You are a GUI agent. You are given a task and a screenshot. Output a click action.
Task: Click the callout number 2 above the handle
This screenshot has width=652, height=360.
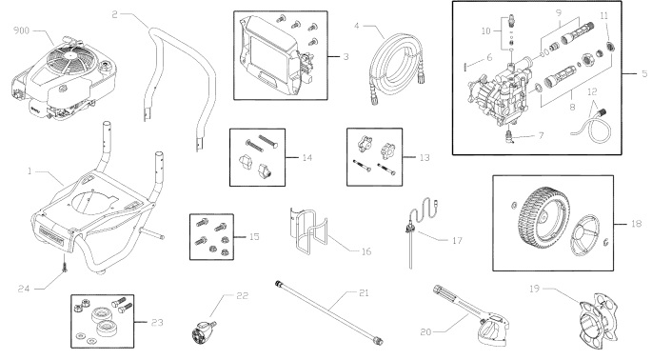pos(113,15)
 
